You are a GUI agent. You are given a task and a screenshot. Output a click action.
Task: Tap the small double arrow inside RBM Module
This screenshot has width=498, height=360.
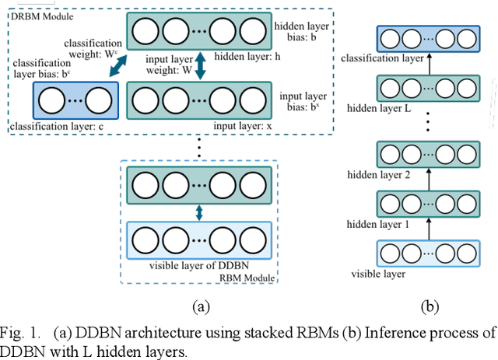tap(199, 211)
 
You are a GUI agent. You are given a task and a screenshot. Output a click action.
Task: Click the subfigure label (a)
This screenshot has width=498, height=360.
tap(201, 306)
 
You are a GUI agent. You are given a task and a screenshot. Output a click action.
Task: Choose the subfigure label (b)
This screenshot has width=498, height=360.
tap(430, 306)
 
